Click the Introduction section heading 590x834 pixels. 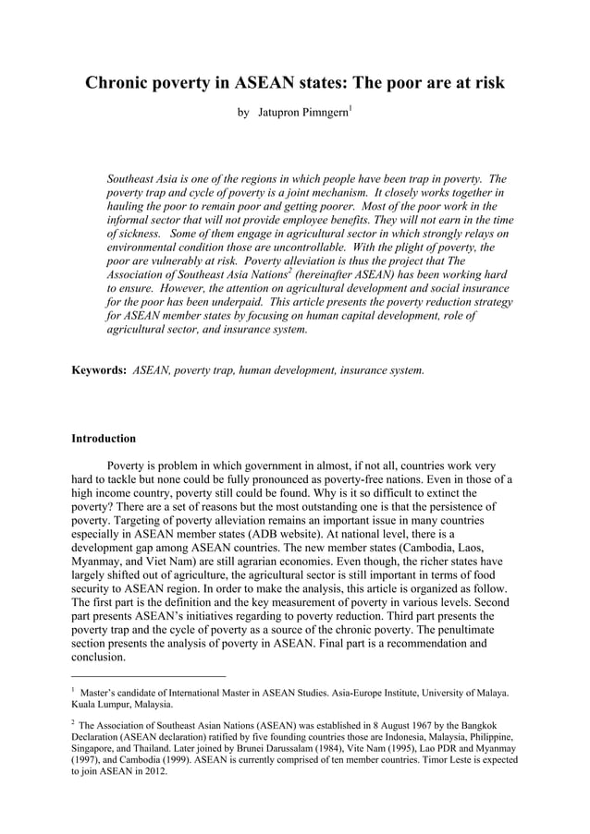point(104,438)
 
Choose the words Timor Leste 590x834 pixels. point(431,761)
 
